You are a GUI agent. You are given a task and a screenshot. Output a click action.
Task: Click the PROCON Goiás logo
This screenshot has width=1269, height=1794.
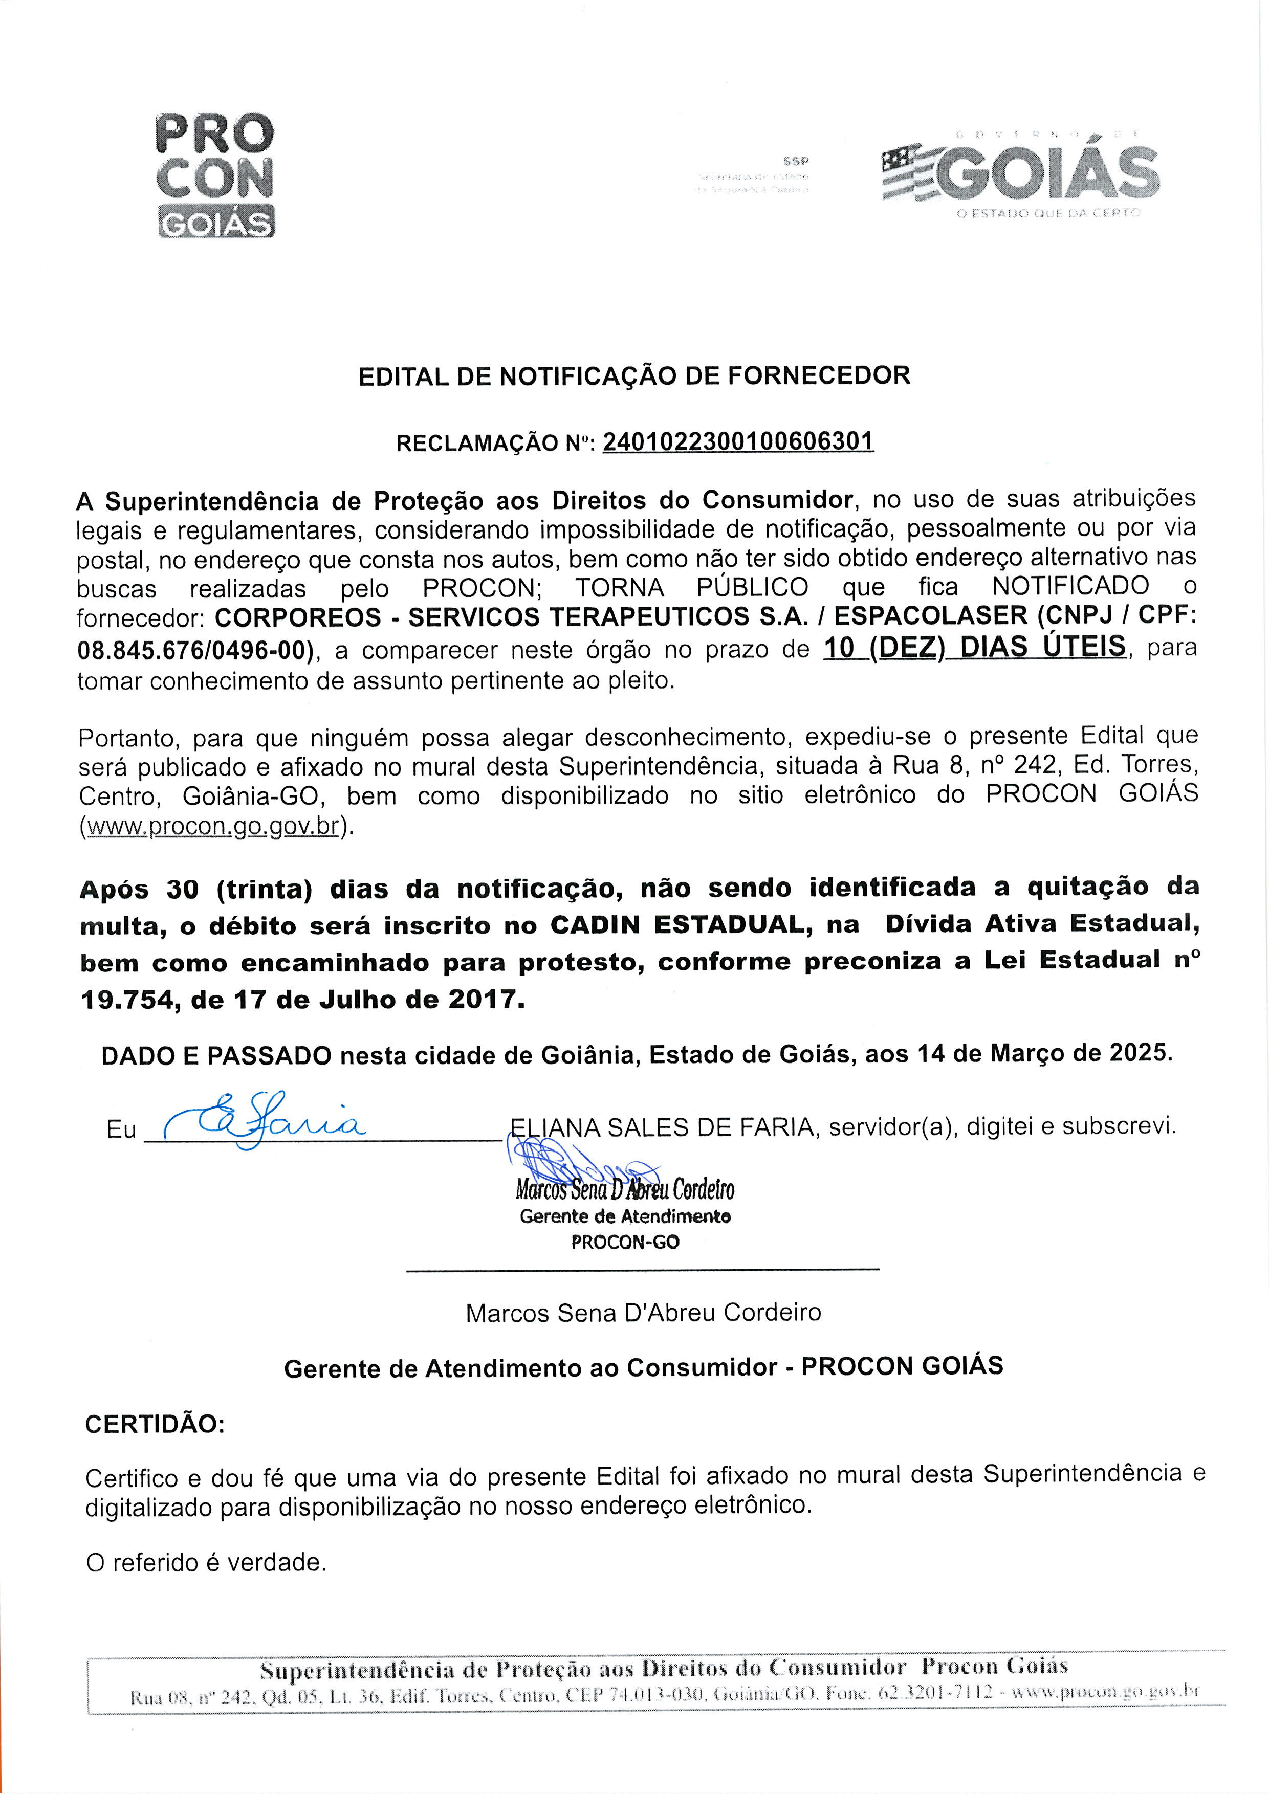coord(215,175)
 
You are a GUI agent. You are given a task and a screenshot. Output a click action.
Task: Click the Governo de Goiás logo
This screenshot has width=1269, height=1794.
coord(1020,173)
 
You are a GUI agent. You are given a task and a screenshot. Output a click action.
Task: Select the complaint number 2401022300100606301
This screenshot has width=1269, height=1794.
coord(738,442)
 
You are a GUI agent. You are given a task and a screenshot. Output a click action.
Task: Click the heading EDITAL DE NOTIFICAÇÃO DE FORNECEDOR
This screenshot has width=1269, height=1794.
coord(633,376)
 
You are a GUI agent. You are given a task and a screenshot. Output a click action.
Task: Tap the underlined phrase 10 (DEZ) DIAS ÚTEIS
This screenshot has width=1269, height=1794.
coord(974,648)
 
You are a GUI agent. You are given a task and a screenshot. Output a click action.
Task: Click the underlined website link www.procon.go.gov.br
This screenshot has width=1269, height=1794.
coord(212,826)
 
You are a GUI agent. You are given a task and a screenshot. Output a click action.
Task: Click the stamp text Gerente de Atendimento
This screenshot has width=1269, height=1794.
coord(624,1216)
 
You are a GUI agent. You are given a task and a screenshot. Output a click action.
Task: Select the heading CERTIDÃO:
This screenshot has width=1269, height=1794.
coord(155,1424)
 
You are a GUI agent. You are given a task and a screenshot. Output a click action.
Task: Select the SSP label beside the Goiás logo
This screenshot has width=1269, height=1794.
coord(796,162)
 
